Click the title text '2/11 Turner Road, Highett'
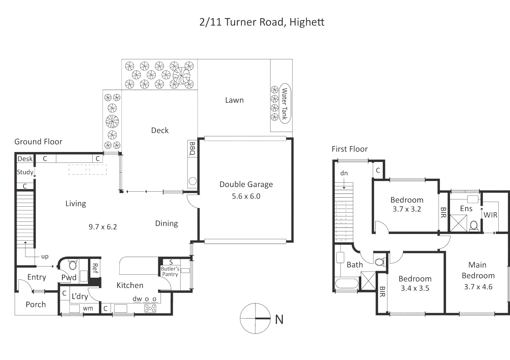[x=261, y=22]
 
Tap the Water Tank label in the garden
[x=284, y=104]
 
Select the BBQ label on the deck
[x=192, y=149]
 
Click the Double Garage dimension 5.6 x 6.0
[x=246, y=196]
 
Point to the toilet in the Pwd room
[x=73, y=265]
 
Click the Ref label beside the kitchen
[x=95, y=268]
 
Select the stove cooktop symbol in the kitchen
[x=150, y=308]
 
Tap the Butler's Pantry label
[x=170, y=271]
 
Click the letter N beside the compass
[x=279, y=320]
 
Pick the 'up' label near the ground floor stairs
[x=45, y=256]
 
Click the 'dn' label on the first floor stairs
[x=344, y=173]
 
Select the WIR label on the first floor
[x=490, y=215]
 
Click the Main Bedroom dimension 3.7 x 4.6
[x=478, y=287]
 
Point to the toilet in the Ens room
[x=473, y=225]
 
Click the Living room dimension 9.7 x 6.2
[x=103, y=227]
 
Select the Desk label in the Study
[x=25, y=159]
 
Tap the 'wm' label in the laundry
[x=88, y=309]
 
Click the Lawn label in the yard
[x=234, y=100]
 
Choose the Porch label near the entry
[x=36, y=305]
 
